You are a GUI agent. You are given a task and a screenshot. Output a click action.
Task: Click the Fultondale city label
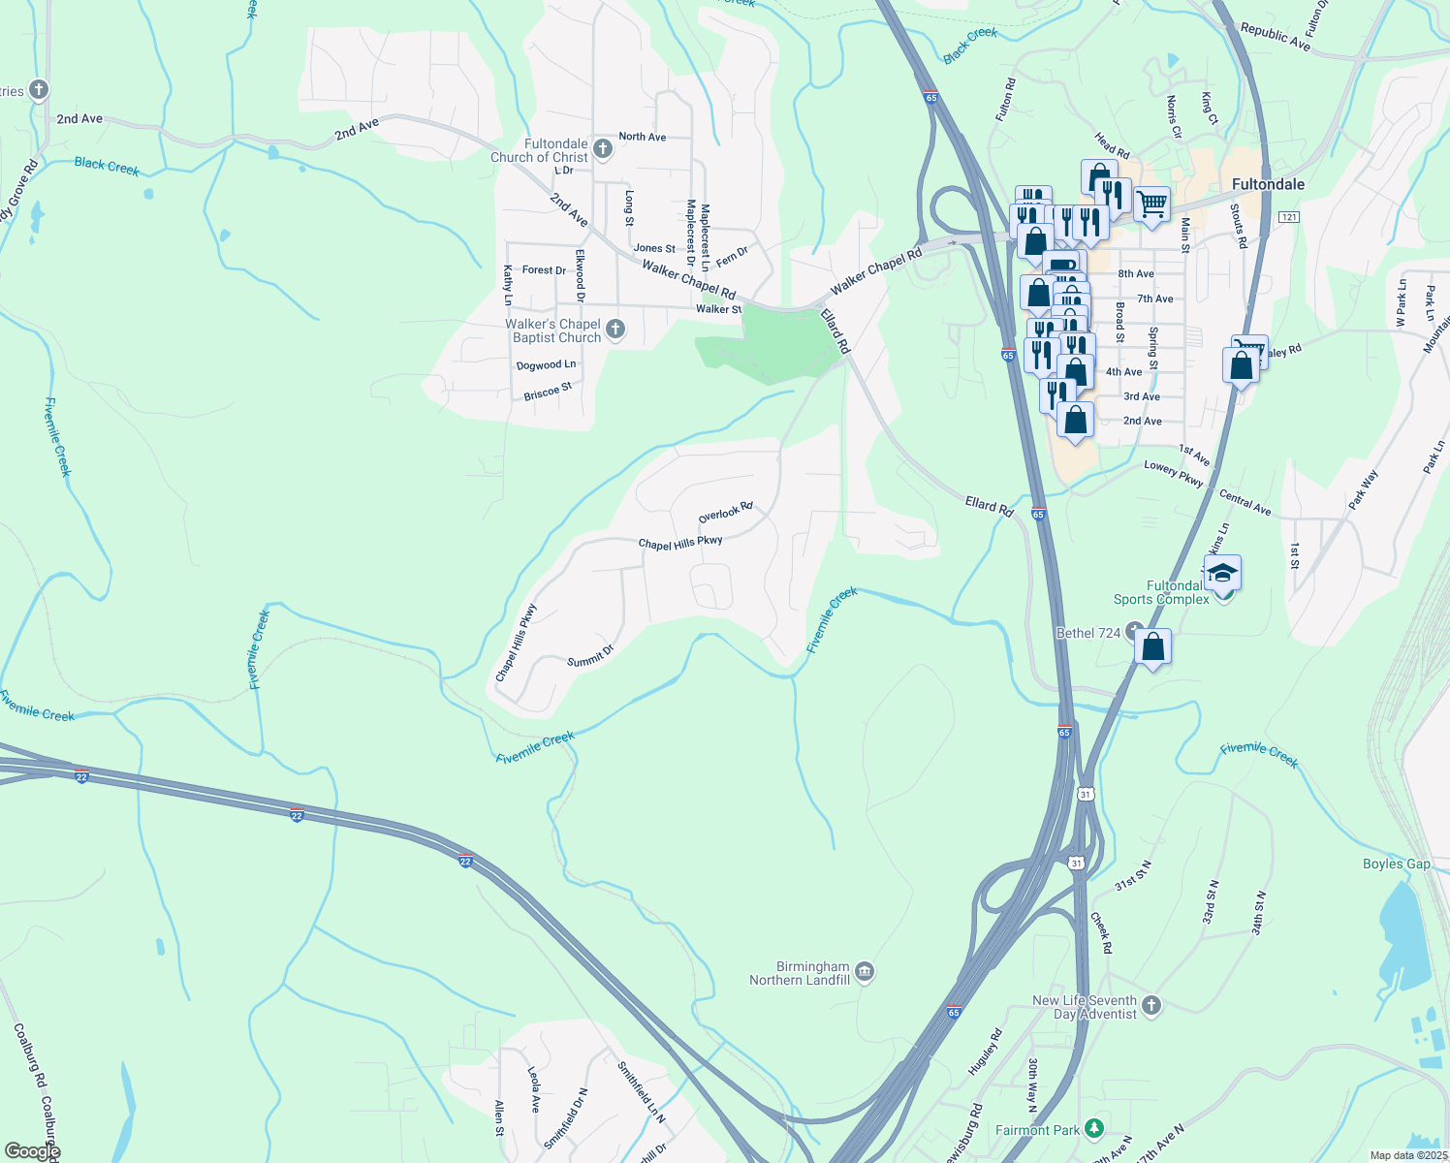pyautogui.click(x=1268, y=184)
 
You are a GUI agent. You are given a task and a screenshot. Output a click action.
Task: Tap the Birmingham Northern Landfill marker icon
pyautogui.click(x=865, y=971)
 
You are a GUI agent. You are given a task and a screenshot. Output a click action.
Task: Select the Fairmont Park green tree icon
pyautogui.click(x=1093, y=1128)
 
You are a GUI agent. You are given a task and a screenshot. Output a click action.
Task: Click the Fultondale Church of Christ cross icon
pyautogui.click(x=602, y=148)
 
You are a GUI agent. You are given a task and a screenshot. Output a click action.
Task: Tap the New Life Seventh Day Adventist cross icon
pyautogui.click(x=1151, y=1005)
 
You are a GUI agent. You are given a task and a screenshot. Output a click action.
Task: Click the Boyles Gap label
pyautogui.click(x=1396, y=864)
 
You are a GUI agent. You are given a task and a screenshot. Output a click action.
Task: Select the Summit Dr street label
pyautogui.click(x=590, y=656)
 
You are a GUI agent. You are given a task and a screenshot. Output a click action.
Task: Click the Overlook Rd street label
pyautogui.click(x=725, y=513)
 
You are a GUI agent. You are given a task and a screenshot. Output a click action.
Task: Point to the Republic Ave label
pyautogui.click(x=1275, y=37)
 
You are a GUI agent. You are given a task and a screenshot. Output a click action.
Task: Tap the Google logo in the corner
pyautogui.click(x=32, y=1151)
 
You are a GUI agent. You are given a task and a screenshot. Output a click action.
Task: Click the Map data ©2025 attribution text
pyautogui.click(x=1408, y=1155)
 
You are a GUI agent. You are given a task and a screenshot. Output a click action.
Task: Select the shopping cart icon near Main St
pyautogui.click(x=1151, y=204)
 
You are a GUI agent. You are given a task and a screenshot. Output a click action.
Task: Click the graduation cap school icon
pyautogui.click(x=1222, y=572)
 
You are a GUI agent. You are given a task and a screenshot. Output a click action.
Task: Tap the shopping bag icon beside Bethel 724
pyautogui.click(x=1152, y=646)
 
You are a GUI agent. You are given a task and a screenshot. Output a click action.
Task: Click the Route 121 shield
pyautogui.click(x=1288, y=217)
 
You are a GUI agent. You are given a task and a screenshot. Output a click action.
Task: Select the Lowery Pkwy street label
pyautogui.click(x=1173, y=474)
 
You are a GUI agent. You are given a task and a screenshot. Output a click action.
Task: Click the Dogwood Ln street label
pyautogui.click(x=546, y=365)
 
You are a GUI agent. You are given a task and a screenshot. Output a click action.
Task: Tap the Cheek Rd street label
pyautogui.click(x=1101, y=932)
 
